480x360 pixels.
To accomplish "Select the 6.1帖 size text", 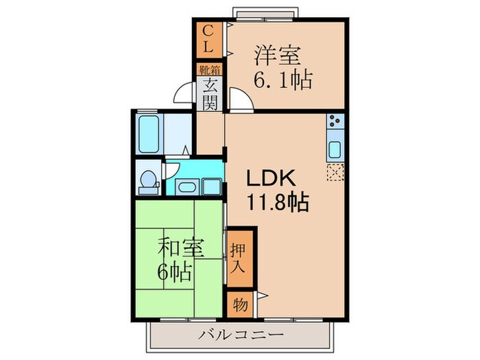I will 283,80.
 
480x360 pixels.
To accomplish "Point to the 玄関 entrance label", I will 210,94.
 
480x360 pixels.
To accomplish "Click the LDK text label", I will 271,178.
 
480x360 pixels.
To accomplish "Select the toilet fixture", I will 147,180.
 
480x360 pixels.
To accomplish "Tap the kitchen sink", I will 335,149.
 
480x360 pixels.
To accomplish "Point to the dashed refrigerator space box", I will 335,172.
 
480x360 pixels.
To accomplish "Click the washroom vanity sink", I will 186,186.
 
